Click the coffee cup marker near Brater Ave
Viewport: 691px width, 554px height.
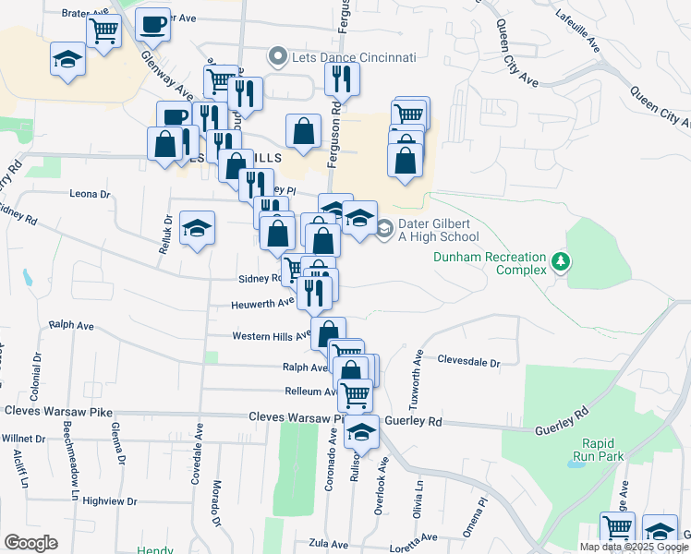152,23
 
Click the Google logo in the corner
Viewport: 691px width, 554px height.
30,542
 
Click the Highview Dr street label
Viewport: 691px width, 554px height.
109,501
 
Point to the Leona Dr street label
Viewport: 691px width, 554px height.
90,195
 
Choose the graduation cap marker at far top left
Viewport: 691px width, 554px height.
67,60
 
